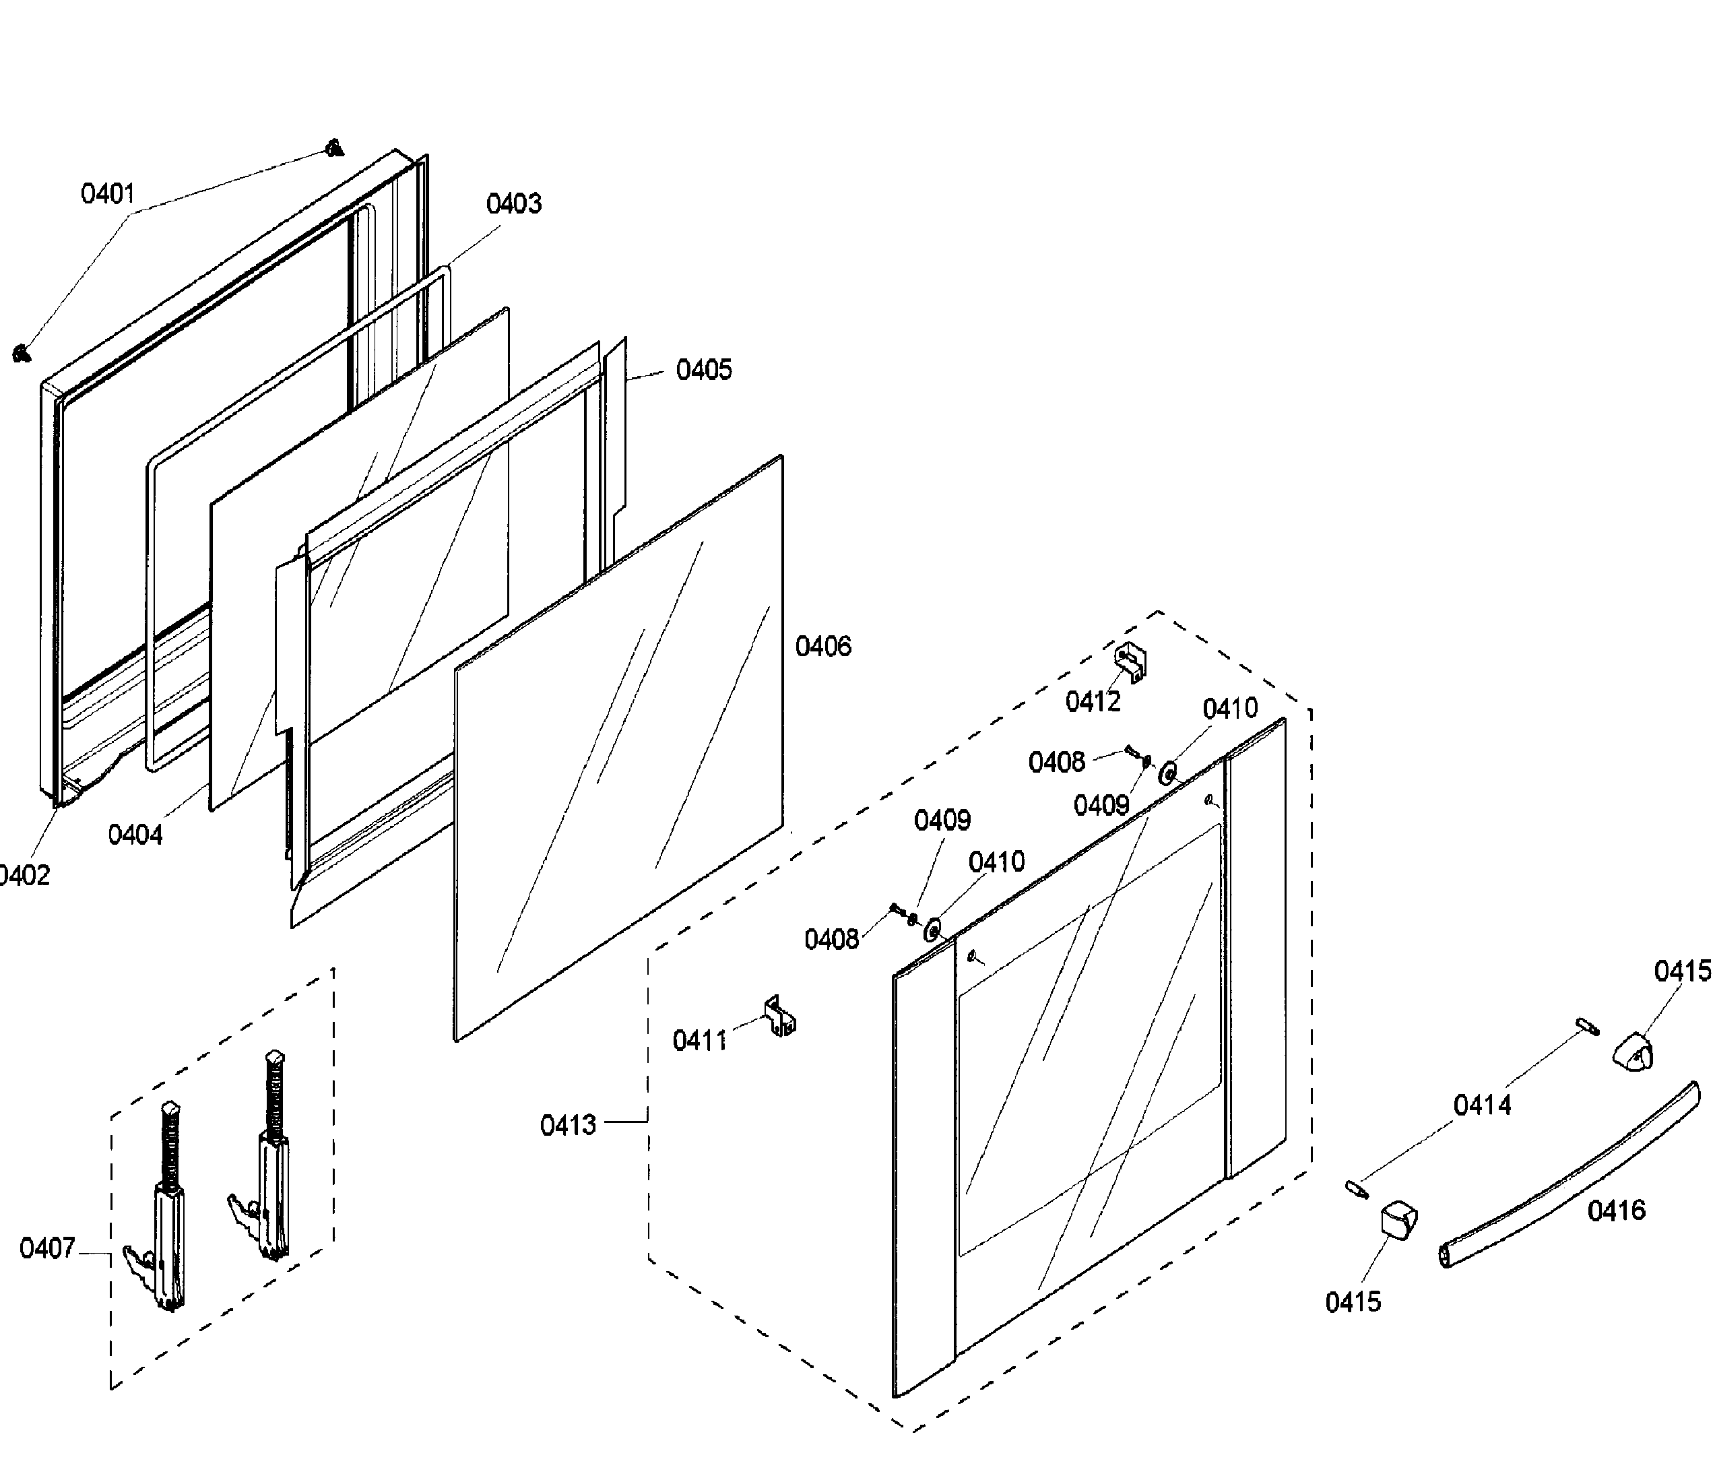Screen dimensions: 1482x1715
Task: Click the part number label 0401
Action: tap(108, 195)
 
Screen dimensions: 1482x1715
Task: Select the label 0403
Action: tap(513, 203)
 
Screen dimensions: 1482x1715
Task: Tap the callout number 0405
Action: tap(703, 370)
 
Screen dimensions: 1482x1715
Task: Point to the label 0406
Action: tap(822, 647)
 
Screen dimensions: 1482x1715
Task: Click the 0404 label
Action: tap(135, 835)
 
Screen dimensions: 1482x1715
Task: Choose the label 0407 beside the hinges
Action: tap(47, 1248)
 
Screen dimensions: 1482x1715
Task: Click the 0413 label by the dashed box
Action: tap(568, 1125)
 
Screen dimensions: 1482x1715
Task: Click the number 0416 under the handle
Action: tap(1616, 1211)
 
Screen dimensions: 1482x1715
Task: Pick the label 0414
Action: tap(1481, 1105)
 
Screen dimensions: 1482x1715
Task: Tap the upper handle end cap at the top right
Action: tap(1631, 1052)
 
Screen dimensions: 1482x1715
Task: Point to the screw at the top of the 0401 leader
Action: tap(334, 148)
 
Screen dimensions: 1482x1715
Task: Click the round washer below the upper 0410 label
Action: tap(1169, 773)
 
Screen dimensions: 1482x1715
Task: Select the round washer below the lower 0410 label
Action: tap(933, 930)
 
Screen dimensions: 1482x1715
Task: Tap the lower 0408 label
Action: tap(831, 940)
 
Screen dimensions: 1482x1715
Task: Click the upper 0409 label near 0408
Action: tap(1101, 806)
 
